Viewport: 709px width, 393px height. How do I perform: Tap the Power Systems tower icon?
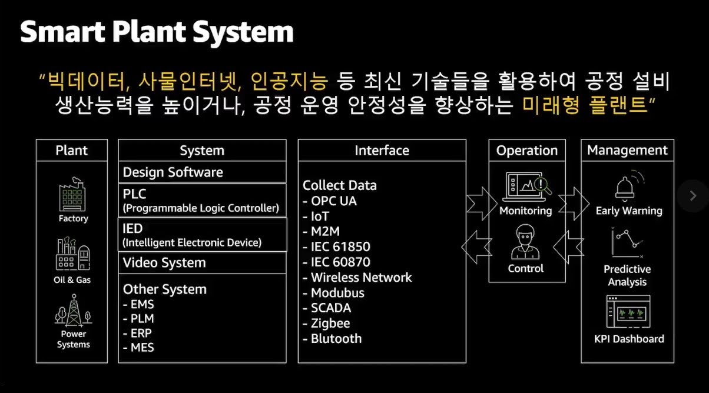click(x=73, y=311)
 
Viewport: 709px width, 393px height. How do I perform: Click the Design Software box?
click(x=202, y=172)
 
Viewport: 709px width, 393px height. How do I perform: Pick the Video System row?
click(x=202, y=263)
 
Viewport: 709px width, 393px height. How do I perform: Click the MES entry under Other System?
click(x=138, y=348)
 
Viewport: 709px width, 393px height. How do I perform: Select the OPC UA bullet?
click(x=330, y=201)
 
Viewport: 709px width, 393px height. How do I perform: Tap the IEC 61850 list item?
click(x=336, y=247)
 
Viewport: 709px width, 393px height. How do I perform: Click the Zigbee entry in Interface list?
click(x=326, y=324)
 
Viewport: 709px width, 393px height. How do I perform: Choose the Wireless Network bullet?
click(x=357, y=277)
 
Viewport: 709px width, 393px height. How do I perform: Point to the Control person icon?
click(x=525, y=242)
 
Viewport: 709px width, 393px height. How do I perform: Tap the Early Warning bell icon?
click(x=628, y=186)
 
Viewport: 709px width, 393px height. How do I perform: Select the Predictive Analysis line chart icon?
click(x=627, y=243)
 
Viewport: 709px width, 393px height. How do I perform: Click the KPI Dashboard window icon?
click(x=628, y=312)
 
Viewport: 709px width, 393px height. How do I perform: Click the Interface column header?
click(x=382, y=151)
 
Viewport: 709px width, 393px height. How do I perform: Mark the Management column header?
click(x=627, y=150)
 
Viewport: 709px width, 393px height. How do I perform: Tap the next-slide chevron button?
click(x=693, y=196)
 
